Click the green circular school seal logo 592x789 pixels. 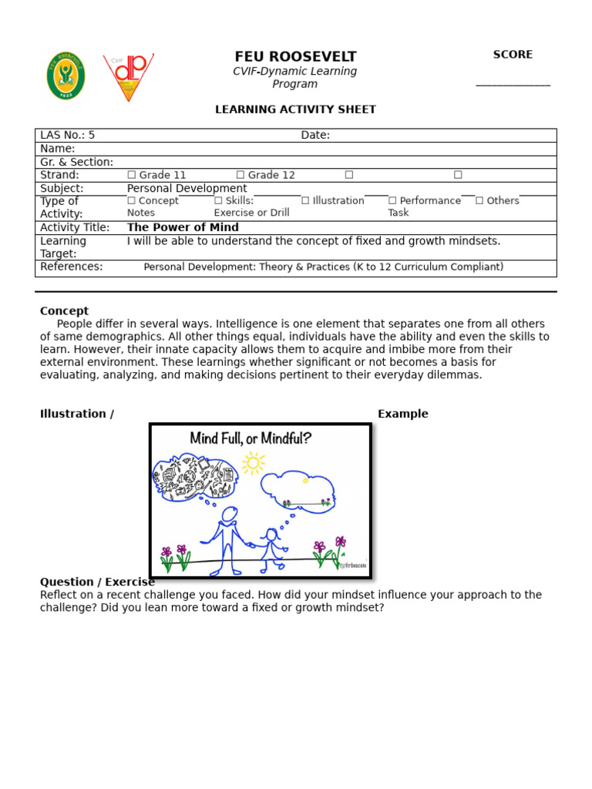coord(66,76)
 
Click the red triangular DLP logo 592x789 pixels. coord(128,76)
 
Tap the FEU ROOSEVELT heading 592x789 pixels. coord(295,57)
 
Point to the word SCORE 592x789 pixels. coord(513,55)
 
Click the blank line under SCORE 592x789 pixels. coord(513,85)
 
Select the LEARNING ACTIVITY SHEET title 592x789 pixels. coord(295,109)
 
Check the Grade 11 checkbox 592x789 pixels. coord(132,175)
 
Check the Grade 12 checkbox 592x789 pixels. coord(240,175)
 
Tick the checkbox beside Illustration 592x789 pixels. coord(305,201)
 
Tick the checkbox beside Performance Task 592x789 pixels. coord(392,201)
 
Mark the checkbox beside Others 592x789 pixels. coord(479,201)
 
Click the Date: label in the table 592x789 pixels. coord(315,136)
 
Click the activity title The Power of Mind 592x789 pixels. coord(183,227)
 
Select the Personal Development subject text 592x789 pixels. coord(187,188)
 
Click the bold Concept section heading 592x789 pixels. coord(64,311)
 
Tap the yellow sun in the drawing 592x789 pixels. coord(252,463)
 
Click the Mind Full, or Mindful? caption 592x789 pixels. coord(251,439)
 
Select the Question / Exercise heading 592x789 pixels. coord(97,582)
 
